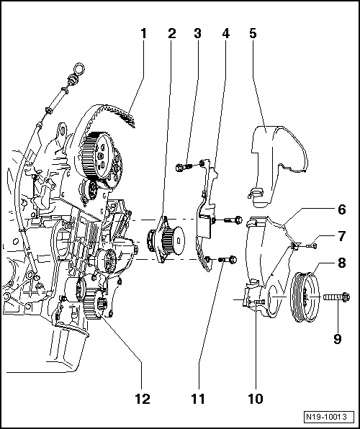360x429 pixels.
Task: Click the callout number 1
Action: [x=143, y=33]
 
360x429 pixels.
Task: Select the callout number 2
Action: [x=172, y=33]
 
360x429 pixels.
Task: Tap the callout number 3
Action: [x=197, y=33]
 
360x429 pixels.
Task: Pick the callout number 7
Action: [x=341, y=236]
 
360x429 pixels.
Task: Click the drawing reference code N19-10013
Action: [x=328, y=416]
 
